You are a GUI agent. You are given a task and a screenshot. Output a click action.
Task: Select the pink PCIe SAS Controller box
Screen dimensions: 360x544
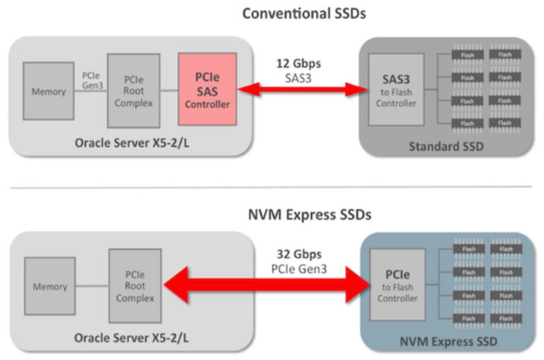pos(207,90)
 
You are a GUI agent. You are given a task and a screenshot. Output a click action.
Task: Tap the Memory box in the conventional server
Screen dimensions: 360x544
pos(48,91)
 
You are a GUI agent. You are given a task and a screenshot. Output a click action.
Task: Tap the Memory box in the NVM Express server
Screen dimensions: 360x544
pos(50,287)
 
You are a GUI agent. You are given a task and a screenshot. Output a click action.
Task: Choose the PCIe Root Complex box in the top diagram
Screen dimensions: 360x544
pos(133,89)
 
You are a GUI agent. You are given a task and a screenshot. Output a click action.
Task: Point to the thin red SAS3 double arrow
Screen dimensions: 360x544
pos(299,89)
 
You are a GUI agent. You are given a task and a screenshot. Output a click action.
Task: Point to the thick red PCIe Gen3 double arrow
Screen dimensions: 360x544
pos(266,286)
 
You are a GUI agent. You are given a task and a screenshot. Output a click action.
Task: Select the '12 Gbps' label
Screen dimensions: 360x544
pos(298,62)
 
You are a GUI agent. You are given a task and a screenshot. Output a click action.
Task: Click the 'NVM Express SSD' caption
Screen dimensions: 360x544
pos(447,342)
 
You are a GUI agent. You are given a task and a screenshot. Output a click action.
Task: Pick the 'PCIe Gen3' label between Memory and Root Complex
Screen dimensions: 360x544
pos(90,80)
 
